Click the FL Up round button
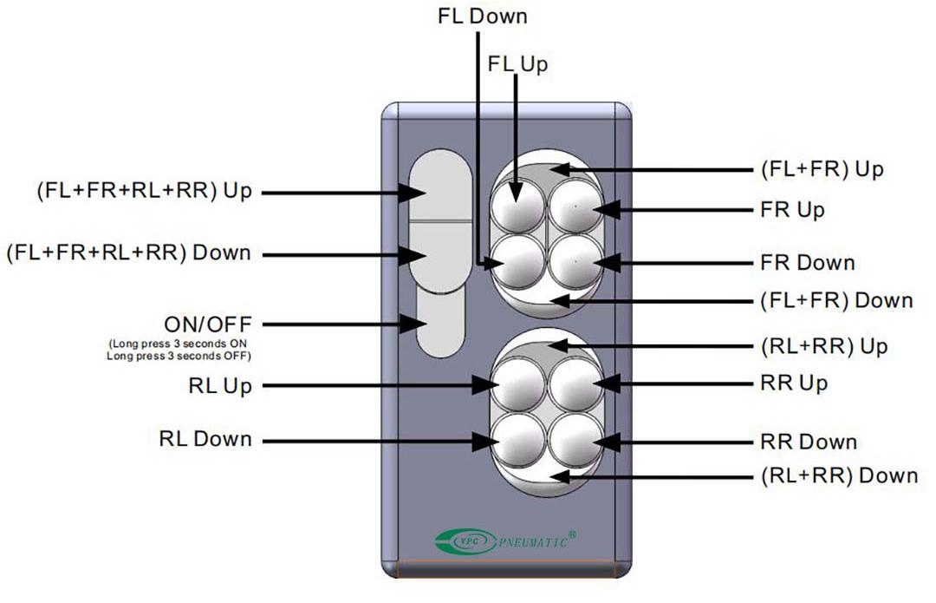(x=517, y=206)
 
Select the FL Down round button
(x=517, y=261)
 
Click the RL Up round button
(x=517, y=383)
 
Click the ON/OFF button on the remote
(x=441, y=324)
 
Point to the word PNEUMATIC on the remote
(x=534, y=542)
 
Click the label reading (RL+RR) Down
(x=838, y=475)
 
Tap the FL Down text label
(x=483, y=16)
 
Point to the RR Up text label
(x=794, y=383)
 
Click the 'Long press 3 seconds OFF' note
(x=179, y=356)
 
